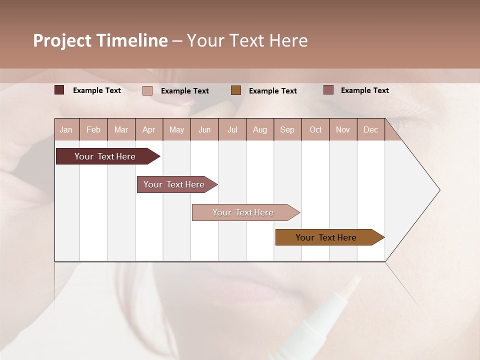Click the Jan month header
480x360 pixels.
click(66, 129)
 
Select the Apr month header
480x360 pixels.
click(149, 129)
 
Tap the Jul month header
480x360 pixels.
click(232, 129)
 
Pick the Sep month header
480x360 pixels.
click(287, 129)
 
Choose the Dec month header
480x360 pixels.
click(370, 129)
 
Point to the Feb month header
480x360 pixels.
click(93, 129)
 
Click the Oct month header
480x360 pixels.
click(315, 129)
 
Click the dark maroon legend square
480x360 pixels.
click(59, 90)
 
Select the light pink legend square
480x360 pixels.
click(147, 90)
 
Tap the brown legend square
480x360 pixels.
click(236, 90)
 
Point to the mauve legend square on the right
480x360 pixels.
click(328, 90)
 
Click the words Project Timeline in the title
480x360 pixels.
click(100, 40)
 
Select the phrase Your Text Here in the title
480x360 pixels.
click(247, 40)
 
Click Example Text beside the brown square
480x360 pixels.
click(273, 91)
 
